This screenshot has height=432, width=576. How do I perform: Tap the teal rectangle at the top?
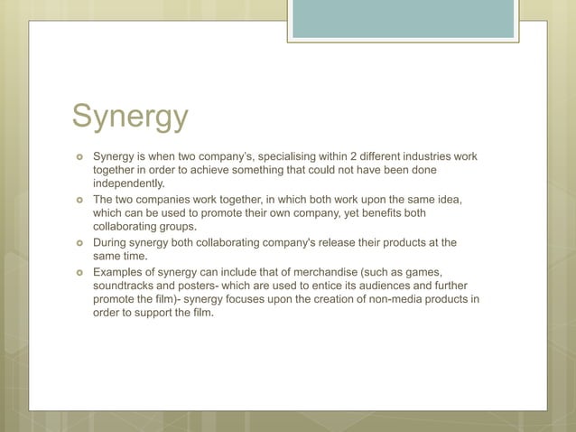[x=403, y=19]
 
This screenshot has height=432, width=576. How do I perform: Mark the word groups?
[x=177, y=228]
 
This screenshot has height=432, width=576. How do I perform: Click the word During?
[x=114, y=242]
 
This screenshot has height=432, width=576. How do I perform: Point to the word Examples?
[x=123, y=271]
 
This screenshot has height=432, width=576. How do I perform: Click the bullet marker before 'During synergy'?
[x=79, y=243]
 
